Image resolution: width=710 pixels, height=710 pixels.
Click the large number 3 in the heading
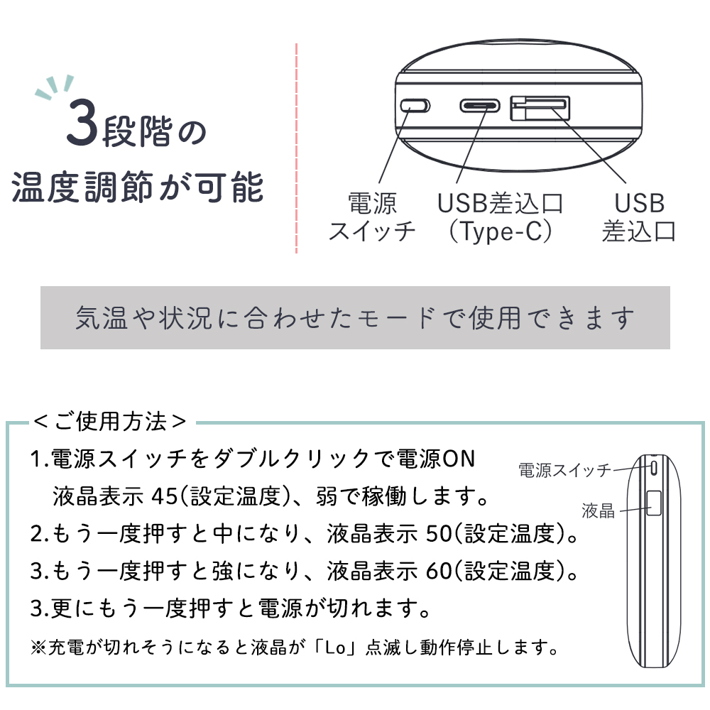coord(82,122)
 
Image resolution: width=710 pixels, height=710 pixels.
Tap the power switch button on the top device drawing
coord(415,106)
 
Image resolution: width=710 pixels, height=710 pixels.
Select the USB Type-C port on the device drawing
coord(480,106)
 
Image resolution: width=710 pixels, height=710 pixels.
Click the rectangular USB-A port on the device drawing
coord(540,108)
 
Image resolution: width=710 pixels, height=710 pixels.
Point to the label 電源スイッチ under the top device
coord(372,217)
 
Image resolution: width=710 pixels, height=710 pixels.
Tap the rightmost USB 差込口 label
coord(639,217)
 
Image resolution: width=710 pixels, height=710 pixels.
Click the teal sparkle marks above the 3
coord(55,87)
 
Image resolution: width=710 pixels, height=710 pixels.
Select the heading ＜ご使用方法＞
coord(110,422)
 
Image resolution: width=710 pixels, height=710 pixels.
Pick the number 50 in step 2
coord(439,534)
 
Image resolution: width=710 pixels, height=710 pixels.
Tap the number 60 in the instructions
coord(439,571)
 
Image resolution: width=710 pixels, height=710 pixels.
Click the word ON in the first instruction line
coord(458,459)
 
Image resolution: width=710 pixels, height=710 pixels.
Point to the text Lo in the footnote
coord(336,648)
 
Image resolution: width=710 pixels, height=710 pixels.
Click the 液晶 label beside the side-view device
coord(598,511)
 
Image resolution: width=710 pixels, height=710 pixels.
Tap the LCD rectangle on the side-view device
coord(654,503)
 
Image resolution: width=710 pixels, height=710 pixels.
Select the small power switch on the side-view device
coord(654,468)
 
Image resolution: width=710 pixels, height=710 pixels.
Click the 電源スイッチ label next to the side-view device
coord(564,471)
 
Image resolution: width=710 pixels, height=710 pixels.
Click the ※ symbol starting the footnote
coord(38,648)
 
